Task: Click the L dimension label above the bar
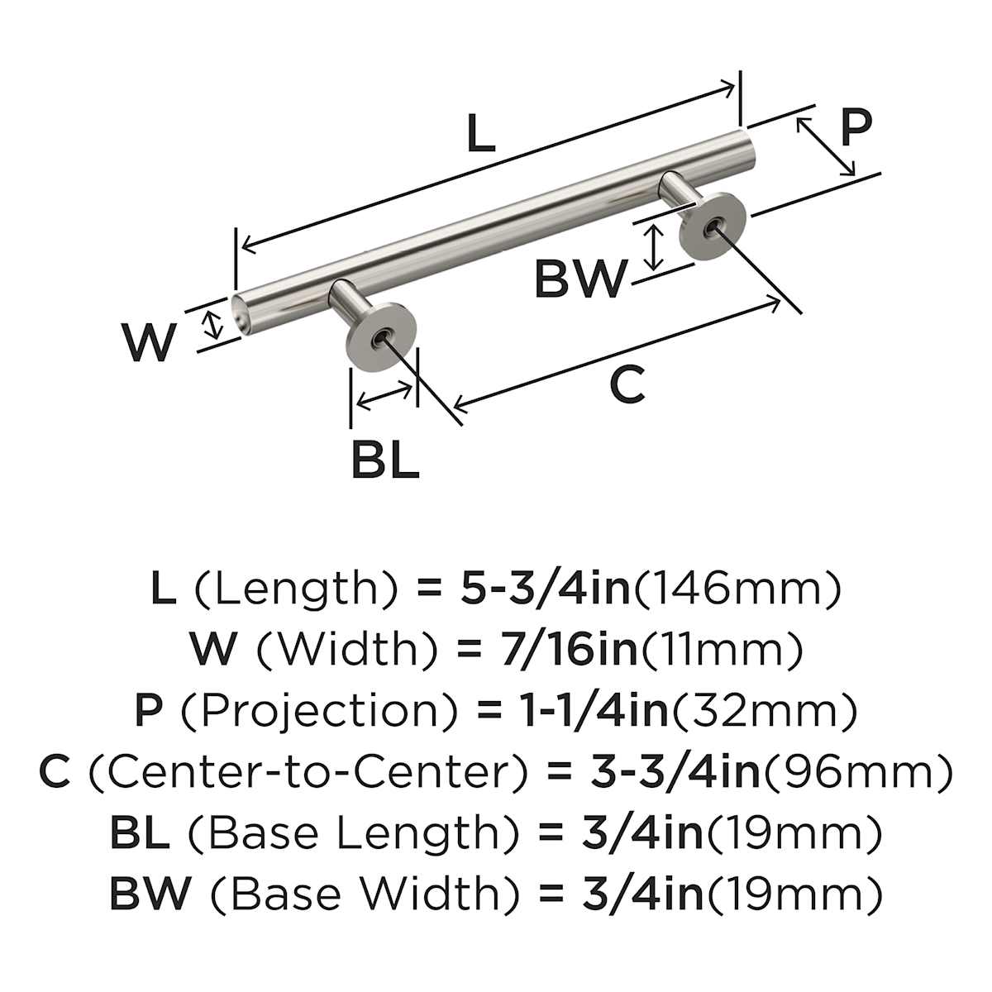(x=480, y=135)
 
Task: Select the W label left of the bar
(x=150, y=343)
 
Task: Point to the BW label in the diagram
(x=581, y=279)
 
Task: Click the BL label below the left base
(x=385, y=460)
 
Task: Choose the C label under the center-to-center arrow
(x=627, y=385)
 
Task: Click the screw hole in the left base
(x=380, y=337)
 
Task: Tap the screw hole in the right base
(x=713, y=225)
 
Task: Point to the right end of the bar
(x=746, y=145)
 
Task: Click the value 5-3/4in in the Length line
(x=543, y=589)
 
